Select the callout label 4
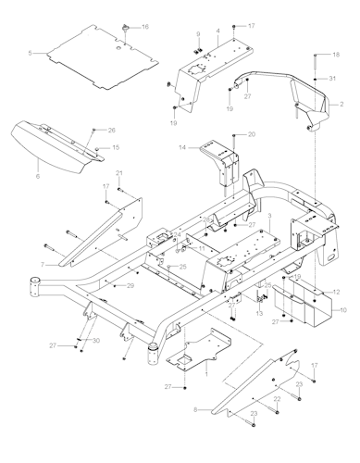tap(217, 31)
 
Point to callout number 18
tap(336, 56)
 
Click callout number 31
tap(336, 81)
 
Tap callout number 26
tap(112, 130)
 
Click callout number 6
tap(39, 173)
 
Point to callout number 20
tap(252, 135)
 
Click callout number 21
tap(118, 173)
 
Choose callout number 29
tap(130, 286)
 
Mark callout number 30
tap(95, 340)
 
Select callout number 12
tap(336, 292)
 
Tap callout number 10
tap(344, 310)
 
